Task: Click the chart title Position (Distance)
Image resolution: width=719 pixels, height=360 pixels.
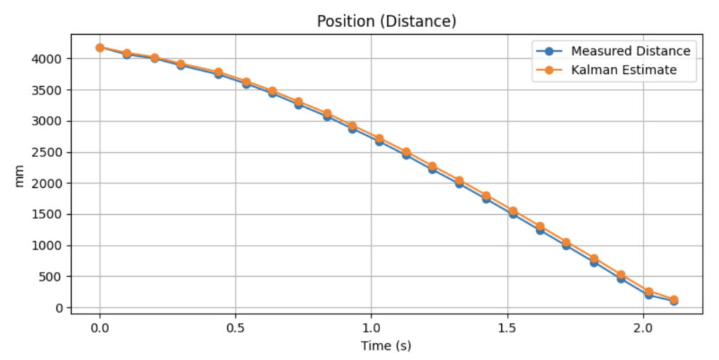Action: pyautogui.click(x=387, y=21)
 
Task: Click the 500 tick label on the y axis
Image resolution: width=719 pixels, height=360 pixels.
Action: pyautogui.click(x=53, y=277)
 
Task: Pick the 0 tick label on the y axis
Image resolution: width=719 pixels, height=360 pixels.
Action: pyautogui.click(x=60, y=308)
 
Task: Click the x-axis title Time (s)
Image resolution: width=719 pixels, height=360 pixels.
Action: pyautogui.click(x=387, y=346)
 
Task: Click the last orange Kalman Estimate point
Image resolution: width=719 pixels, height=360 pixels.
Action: pyautogui.click(x=673, y=300)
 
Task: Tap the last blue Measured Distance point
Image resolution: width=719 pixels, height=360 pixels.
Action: pyautogui.click(x=673, y=302)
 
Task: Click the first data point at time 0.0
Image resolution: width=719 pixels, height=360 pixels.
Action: pyautogui.click(x=100, y=48)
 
